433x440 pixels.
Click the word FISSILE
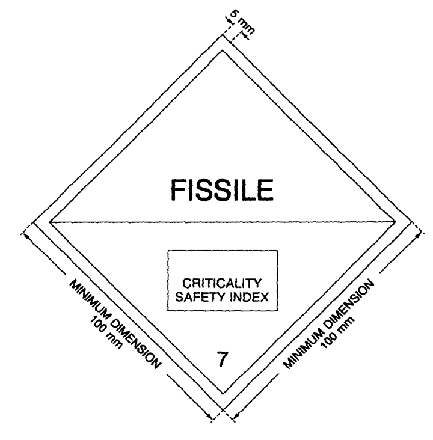[222, 190]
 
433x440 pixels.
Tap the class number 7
[222, 359]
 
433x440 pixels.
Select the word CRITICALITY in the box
[222, 283]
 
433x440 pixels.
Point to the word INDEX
[250, 296]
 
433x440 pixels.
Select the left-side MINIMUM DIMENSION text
[115, 323]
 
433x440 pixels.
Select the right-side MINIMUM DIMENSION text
[329, 323]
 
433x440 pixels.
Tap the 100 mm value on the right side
[337, 333]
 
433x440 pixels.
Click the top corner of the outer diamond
[223, 35]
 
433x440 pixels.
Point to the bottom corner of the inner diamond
[223, 394]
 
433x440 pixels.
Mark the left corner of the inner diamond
[50, 222]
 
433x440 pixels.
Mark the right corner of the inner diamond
[395, 222]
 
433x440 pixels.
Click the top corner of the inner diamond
[223, 50]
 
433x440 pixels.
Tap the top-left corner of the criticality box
[168, 251]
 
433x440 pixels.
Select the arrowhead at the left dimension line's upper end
[26, 237]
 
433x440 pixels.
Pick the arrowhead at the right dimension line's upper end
[418, 236]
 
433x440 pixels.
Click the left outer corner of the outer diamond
[34, 222]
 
